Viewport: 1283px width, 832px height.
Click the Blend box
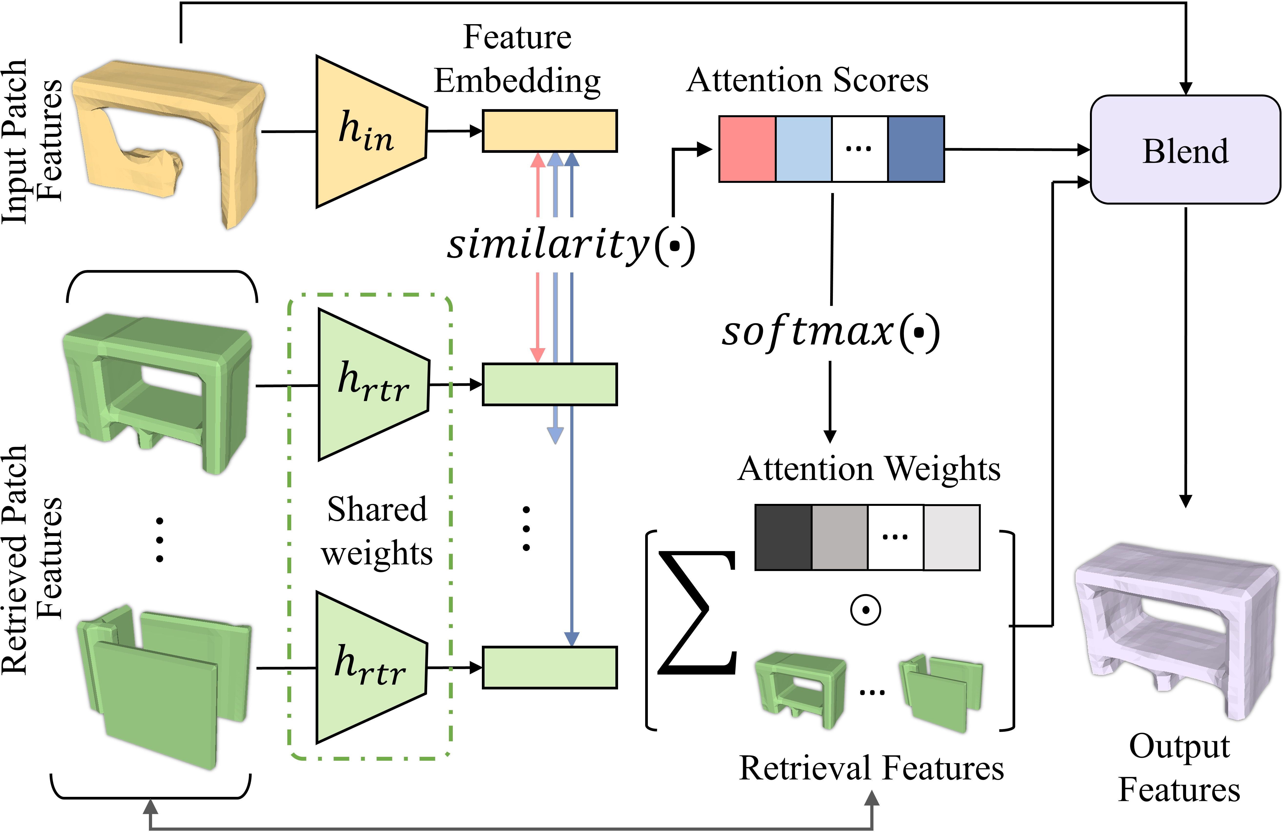(1185, 150)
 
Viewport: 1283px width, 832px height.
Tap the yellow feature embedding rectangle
(549, 131)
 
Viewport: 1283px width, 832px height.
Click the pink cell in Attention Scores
(747, 149)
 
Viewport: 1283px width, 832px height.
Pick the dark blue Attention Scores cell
(915, 149)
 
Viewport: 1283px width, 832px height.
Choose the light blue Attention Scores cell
(803, 149)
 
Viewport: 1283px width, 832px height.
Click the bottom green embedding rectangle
(549, 667)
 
